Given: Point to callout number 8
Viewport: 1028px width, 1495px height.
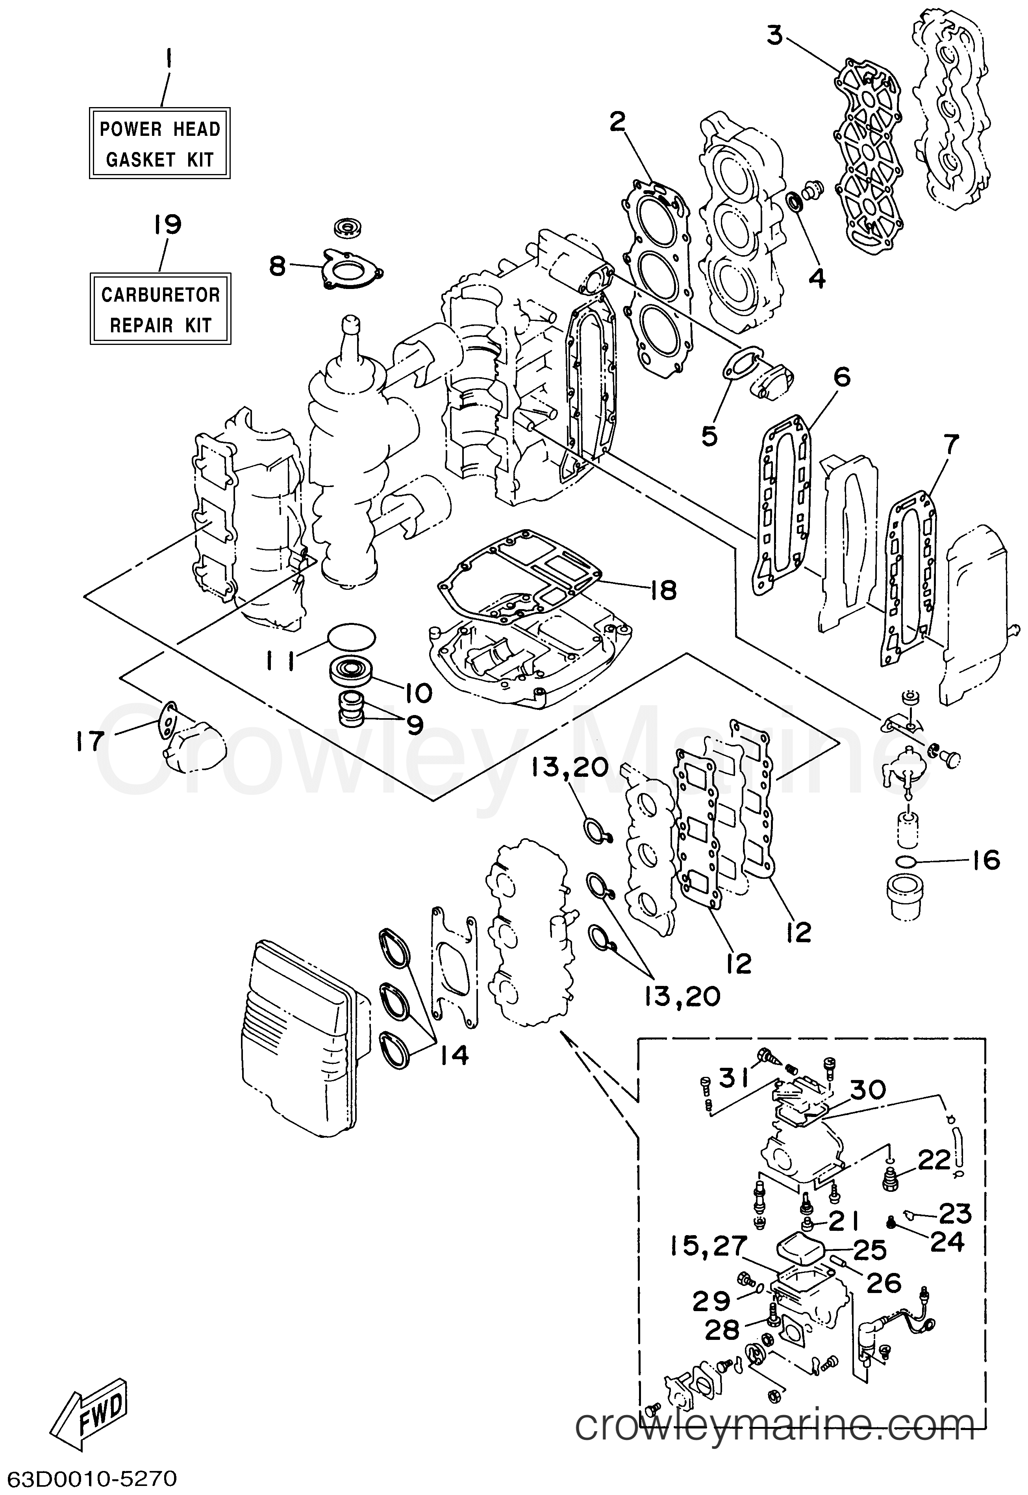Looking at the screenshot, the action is pos(276,265).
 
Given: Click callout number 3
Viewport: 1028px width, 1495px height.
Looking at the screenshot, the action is pos(775,36).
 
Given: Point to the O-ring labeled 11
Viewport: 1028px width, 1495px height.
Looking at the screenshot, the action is pos(350,636).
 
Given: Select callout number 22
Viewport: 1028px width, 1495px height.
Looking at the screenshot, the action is pos(934,1160).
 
